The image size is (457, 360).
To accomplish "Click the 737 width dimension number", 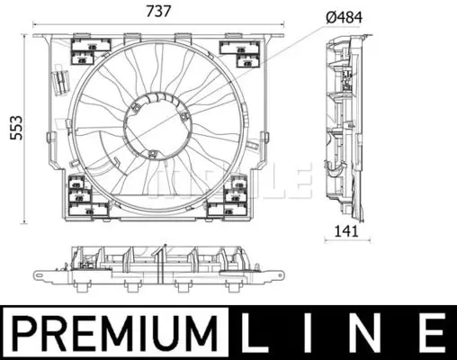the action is [x=158, y=12].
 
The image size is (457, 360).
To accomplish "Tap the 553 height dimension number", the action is [x=16, y=128].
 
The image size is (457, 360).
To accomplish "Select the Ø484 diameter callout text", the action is [x=344, y=18].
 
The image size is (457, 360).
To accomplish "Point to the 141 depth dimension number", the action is [x=346, y=231].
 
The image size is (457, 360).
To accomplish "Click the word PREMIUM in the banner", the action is [x=115, y=332].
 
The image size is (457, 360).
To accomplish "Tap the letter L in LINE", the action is [x=253, y=332].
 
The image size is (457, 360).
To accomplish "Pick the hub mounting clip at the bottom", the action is [x=153, y=154].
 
